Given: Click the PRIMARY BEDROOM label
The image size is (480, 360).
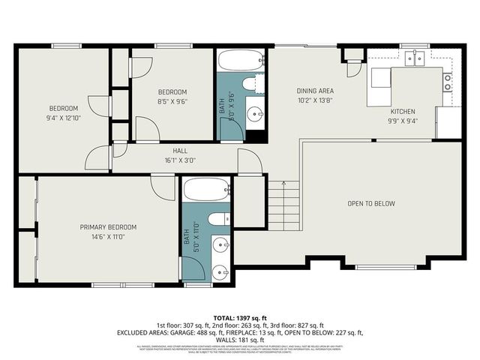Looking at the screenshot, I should point(109,226).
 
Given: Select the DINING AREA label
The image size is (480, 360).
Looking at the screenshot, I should point(315,91).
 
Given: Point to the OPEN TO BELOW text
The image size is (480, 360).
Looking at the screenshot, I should point(370,203).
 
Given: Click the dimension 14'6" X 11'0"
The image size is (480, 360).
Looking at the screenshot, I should point(109,236).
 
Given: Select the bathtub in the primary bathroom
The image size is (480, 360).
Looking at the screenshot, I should point(206,190).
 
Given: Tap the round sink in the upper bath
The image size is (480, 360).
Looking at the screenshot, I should point(256,115).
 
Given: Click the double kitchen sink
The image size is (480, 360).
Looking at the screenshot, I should point(413,58).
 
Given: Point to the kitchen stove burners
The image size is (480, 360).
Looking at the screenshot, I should point(448,82).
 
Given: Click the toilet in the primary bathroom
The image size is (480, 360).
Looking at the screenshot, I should point(219,219).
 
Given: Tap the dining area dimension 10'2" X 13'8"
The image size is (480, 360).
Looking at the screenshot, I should point(315,100).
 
